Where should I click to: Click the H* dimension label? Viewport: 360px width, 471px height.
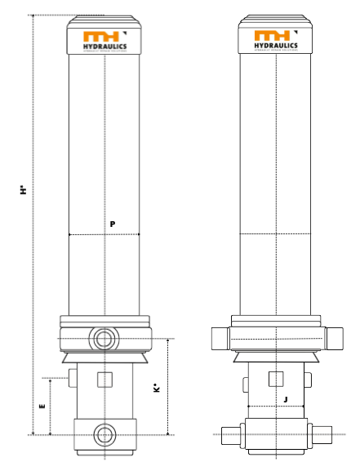click(24, 189)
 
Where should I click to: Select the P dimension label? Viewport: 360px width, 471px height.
click(111, 224)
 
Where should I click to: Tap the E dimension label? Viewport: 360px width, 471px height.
click(42, 405)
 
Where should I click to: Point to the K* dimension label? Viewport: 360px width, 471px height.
click(157, 389)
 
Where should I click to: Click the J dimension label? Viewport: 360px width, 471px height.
click(285, 399)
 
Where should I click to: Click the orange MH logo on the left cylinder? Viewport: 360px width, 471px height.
click(101, 37)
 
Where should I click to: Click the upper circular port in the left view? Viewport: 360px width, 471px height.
click(104, 338)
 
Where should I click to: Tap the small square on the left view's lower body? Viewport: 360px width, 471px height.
click(104, 379)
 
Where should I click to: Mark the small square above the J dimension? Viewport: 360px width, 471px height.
click(276, 378)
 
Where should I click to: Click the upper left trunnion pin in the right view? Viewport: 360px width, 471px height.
click(220, 337)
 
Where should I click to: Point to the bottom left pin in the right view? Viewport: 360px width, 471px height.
click(230, 433)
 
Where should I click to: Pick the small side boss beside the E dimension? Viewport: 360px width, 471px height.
click(73, 377)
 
